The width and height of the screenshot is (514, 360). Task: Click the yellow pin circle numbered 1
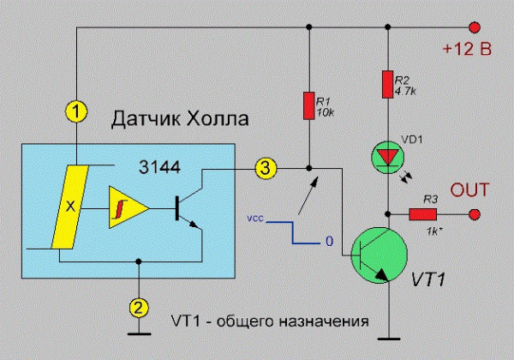click(77, 111)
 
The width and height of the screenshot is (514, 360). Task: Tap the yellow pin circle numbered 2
click(136, 306)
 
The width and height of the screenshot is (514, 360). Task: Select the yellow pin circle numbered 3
click(266, 169)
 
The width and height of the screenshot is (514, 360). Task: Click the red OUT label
click(469, 189)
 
